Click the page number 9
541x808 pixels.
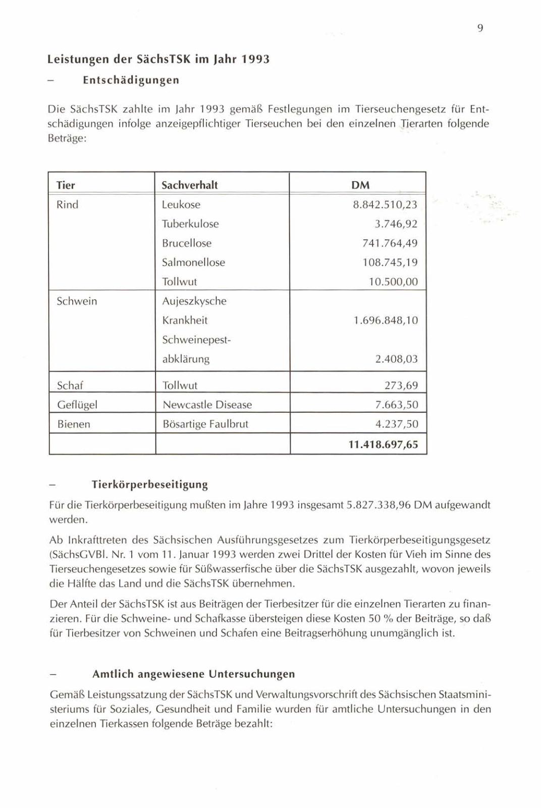[x=480, y=28]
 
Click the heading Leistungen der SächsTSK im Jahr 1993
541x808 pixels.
[x=158, y=60]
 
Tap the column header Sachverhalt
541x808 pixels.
[x=189, y=185]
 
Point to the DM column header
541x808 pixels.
[x=360, y=185]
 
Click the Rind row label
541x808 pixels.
[x=68, y=205]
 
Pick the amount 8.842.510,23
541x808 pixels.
[x=385, y=205]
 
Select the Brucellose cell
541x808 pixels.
[x=186, y=243]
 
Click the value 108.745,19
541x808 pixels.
[x=390, y=262]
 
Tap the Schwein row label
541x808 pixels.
[x=77, y=301]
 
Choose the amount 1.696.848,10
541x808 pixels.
[x=386, y=320]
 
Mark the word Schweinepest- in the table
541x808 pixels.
[x=196, y=340]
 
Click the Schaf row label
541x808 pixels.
[x=70, y=386]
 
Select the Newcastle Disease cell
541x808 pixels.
[x=207, y=405]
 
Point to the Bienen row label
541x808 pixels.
[x=74, y=424]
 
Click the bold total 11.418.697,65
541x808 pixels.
[x=383, y=445]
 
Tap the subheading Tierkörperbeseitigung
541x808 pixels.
[x=150, y=484]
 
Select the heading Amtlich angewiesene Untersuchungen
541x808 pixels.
[x=193, y=674]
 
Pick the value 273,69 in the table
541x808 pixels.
[x=401, y=386]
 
